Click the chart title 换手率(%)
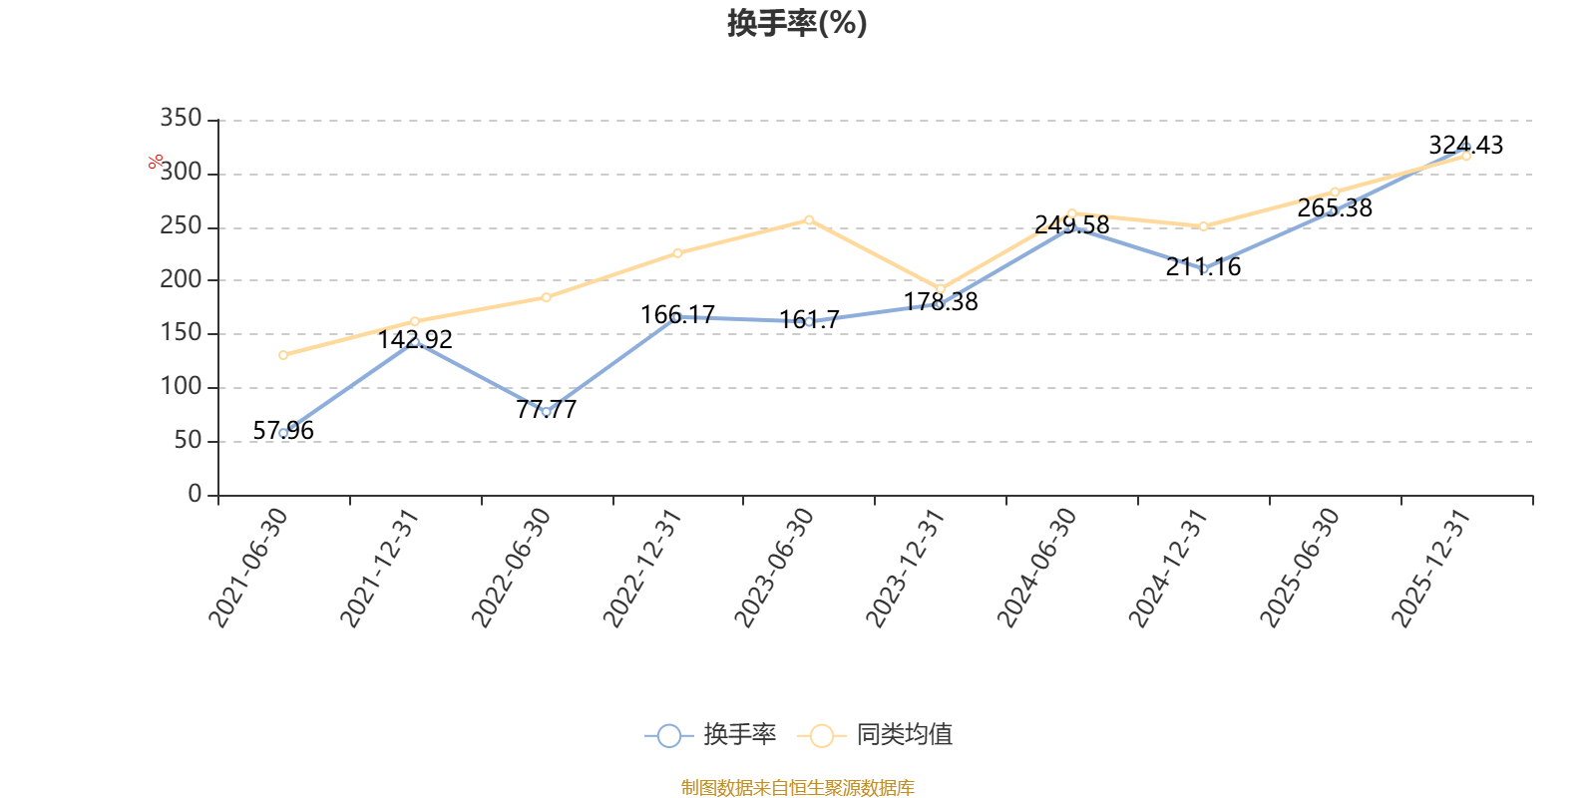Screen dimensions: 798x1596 (x=797, y=23)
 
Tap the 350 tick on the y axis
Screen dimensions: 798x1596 (x=181, y=119)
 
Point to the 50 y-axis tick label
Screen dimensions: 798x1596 (x=188, y=441)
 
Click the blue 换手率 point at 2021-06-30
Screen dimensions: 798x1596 (x=283, y=433)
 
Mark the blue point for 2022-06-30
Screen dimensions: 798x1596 (x=546, y=411)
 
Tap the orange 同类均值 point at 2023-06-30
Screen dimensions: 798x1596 (x=809, y=219)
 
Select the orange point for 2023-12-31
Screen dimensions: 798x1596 (x=941, y=289)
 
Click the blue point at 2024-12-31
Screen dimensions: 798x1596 (x=1204, y=269)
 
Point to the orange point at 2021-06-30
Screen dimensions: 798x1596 (x=283, y=355)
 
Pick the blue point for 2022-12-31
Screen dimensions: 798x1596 (x=677, y=317)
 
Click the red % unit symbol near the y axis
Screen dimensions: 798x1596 (x=156, y=162)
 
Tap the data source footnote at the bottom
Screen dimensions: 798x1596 (x=797, y=788)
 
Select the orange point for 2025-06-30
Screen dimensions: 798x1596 (x=1335, y=192)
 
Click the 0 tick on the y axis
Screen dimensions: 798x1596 (x=195, y=495)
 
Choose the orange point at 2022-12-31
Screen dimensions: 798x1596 (x=677, y=253)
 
